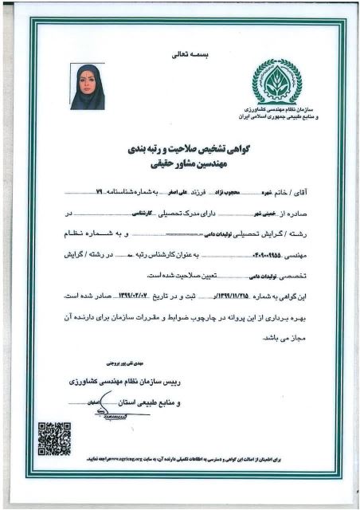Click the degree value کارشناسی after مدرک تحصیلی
[x=165, y=214]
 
